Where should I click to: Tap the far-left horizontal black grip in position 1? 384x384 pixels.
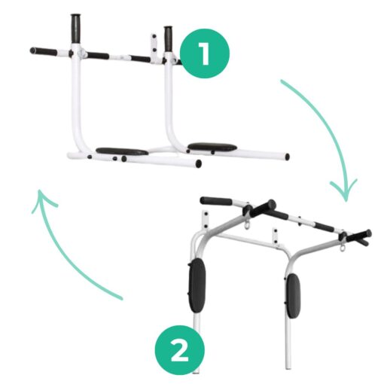(44, 52)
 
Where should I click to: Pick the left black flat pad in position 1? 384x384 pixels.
(122, 151)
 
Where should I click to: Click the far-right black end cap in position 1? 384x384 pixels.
(287, 157)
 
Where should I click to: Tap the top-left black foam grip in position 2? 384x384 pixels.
(216, 201)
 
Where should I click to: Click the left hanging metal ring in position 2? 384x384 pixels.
(245, 224)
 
